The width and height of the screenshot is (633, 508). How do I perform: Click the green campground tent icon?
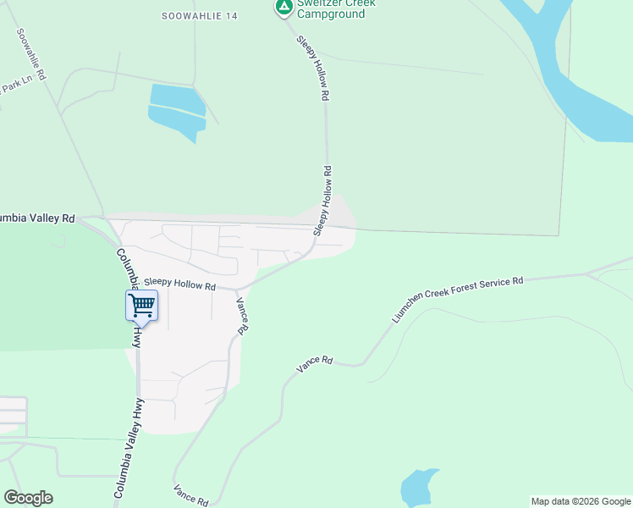click(x=283, y=8)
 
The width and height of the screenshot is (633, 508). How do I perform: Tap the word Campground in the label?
click(x=336, y=14)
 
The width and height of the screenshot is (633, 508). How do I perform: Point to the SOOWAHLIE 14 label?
click(x=199, y=16)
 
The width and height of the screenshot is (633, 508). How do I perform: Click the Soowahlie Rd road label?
click(x=30, y=54)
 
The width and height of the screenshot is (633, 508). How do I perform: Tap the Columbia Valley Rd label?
click(x=36, y=218)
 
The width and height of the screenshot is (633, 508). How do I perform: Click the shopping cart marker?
click(x=141, y=305)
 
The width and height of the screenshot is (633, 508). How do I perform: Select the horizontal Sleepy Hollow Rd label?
click(x=179, y=284)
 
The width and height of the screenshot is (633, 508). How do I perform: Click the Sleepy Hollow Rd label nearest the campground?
click(x=311, y=69)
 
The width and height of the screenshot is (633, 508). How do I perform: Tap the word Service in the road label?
click(x=505, y=282)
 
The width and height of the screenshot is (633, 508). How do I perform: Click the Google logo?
click(x=28, y=498)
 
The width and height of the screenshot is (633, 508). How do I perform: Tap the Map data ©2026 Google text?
click(x=581, y=501)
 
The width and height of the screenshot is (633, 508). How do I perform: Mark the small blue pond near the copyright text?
click(x=419, y=487)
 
